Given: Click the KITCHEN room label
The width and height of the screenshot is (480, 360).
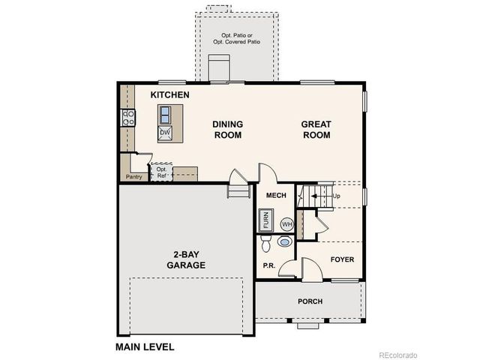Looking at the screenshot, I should [169, 95].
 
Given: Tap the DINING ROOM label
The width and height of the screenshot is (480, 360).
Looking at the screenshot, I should [227, 130].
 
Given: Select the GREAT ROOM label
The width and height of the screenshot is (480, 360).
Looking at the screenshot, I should [316, 130].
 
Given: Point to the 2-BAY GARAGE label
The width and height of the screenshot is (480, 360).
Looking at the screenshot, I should [186, 259].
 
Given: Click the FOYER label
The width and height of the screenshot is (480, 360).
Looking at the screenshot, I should [343, 260].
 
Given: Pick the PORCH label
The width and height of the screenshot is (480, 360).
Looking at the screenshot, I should [310, 301].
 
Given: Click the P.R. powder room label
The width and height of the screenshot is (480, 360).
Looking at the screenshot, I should [268, 265].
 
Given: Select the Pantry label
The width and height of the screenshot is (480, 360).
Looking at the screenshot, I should [134, 177].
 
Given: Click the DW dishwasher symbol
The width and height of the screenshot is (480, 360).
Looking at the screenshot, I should [165, 133].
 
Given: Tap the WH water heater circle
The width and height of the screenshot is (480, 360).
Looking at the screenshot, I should [286, 223].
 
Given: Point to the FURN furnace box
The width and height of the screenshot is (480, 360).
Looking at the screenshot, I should [265, 220].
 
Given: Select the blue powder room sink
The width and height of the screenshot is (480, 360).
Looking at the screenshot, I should [284, 242].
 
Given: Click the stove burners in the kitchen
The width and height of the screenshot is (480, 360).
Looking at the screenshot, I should [128, 118].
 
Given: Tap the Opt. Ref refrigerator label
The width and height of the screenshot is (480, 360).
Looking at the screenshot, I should [161, 172].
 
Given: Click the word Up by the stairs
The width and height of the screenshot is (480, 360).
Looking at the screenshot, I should [336, 196].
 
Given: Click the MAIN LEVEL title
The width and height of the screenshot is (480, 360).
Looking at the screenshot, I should [145, 347].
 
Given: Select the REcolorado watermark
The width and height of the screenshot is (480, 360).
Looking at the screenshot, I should [397, 354].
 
